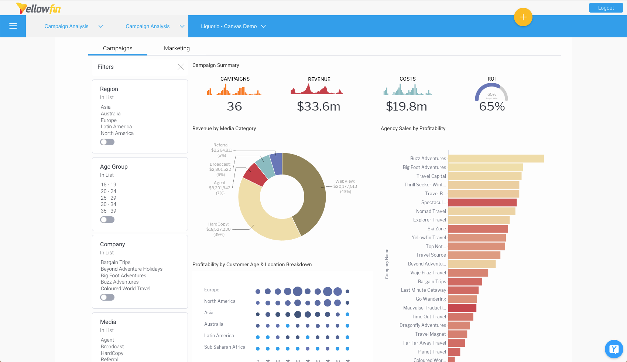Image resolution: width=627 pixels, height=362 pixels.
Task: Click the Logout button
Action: click(x=606, y=8)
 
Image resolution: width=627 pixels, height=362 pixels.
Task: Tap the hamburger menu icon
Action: click(x=13, y=26)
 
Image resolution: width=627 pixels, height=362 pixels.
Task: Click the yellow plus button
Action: click(x=523, y=17)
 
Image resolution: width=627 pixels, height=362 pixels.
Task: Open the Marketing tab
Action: click(x=177, y=48)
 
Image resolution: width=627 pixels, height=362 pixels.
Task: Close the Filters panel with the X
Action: click(x=181, y=67)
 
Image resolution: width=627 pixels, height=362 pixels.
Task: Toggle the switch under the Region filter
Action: click(x=107, y=142)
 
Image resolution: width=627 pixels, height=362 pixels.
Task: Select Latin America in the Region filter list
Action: click(x=116, y=126)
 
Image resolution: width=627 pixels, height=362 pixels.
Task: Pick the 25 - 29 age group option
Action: click(x=108, y=198)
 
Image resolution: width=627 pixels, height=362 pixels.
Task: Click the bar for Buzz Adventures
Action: click(x=496, y=159)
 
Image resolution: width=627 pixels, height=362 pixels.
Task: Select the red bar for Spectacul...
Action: click(x=482, y=203)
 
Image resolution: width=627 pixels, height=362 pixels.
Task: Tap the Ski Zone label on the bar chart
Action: click(x=436, y=229)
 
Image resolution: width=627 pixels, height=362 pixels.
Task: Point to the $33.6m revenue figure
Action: click(x=318, y=106)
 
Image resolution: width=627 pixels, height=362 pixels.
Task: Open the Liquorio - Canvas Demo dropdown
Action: click(x=233, y=26)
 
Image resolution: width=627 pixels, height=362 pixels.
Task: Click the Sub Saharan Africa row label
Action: click(x=225, y=347)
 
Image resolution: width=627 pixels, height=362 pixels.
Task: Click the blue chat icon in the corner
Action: click(x=614, y=349)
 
